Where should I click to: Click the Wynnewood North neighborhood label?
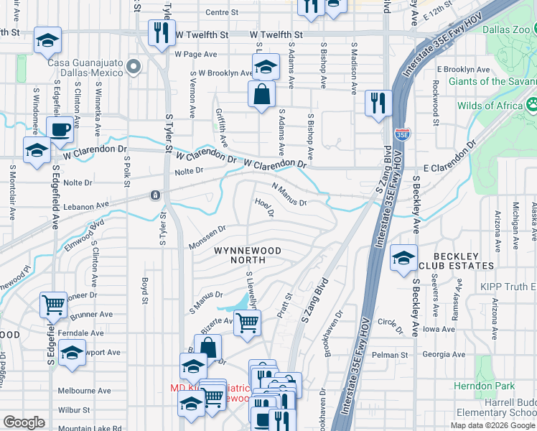(x=246, y=255)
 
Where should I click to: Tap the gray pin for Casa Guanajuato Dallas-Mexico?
(x=133, y=67)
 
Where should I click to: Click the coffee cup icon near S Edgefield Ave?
(x=60, y=129)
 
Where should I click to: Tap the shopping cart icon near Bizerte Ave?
(x=247, y=323)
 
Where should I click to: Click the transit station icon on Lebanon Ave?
(x=154, y=195)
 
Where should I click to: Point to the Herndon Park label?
(x=495, y=386)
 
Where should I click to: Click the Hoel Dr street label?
(x=265, y=208)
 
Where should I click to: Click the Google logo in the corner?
(x=24, y=422)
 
